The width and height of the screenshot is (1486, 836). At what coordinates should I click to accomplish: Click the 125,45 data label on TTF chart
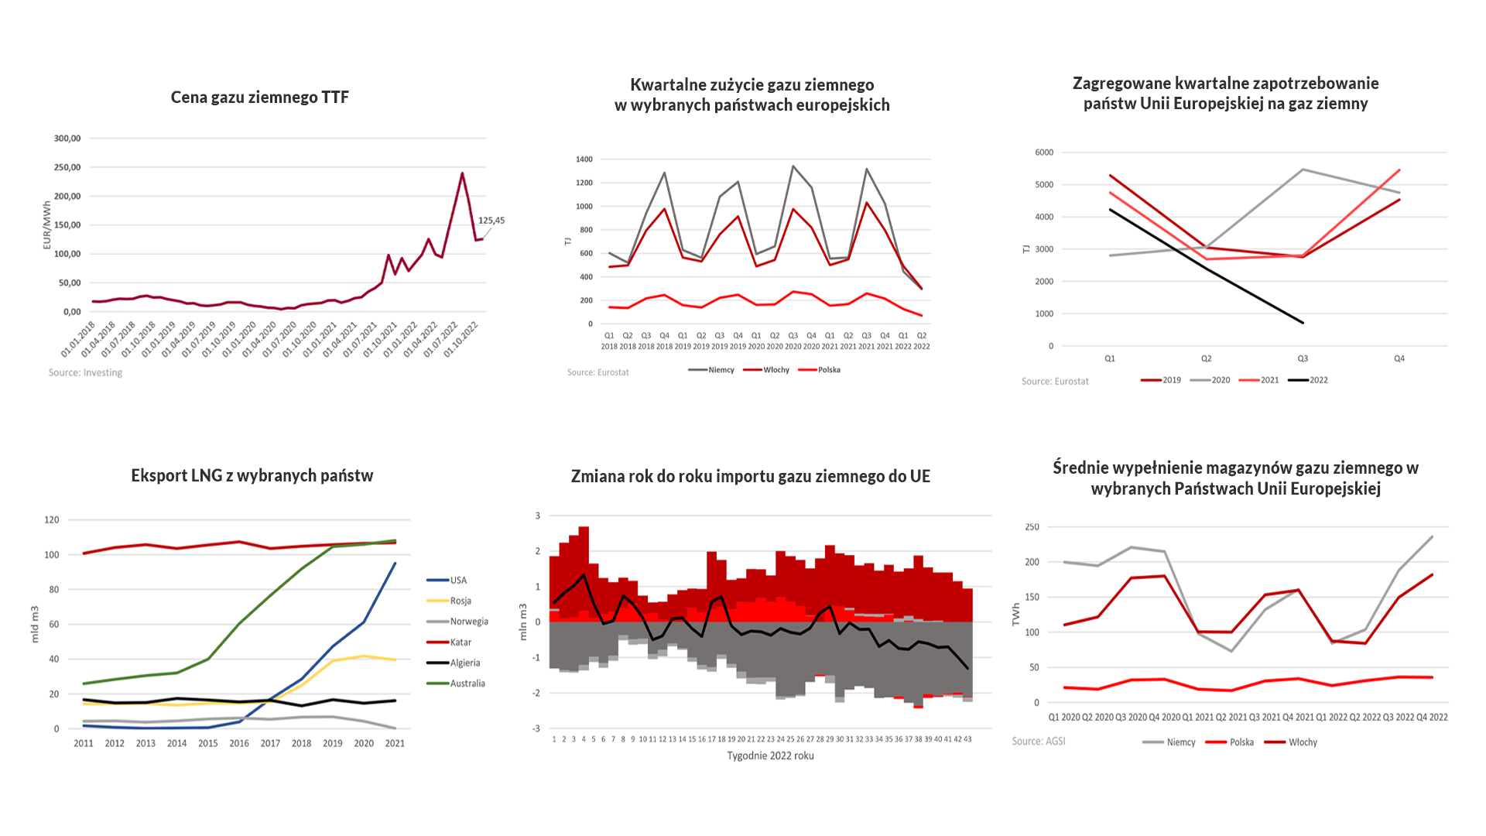click(x=491, y=221)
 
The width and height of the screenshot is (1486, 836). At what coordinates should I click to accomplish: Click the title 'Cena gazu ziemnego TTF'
click(x=259, y=98)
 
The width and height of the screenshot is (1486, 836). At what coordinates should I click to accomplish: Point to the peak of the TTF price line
click(x=463, y=173)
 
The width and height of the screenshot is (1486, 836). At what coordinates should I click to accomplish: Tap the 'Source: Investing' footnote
click(x=85, y=373)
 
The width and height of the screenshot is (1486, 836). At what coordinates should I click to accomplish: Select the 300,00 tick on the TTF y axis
click(x=67, y=139)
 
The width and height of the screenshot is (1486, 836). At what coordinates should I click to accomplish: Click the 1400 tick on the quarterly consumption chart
click(x=584, y=159)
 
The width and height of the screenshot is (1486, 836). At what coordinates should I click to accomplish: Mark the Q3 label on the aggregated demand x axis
click(x=1303, y=358)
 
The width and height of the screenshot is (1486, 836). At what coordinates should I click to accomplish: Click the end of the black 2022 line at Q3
click(x=1303, y=323)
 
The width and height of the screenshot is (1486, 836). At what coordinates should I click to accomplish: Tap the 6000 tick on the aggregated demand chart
click(x=1044, y=152)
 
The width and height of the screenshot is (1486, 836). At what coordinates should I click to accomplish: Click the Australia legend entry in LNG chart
click(x=467, y=684)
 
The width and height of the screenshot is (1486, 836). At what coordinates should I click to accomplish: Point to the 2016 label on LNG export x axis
click(x=239, y=744)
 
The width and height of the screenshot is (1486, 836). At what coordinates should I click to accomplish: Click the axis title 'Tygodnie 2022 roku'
click(x=770, y=756)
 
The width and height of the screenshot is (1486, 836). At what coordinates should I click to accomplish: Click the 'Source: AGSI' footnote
click(x=1039, y=742)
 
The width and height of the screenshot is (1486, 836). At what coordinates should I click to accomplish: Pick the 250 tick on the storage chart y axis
click(x=1032, y=527)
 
